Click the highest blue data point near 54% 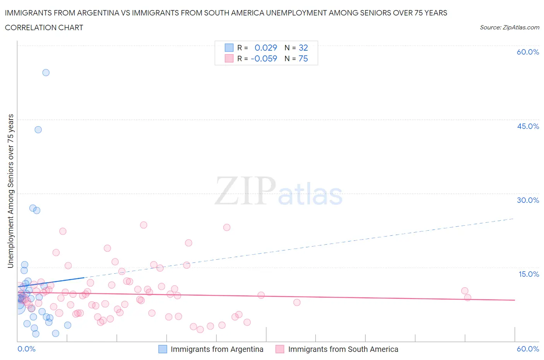[x=46, y=72]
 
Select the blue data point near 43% [x=38, y=130]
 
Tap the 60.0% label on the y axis [x=528, y=52]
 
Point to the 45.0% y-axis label [x=528, y=126]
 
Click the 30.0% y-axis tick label [x=528, y=200]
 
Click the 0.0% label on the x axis [x=26, y=349]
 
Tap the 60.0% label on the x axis [x=528, y=349]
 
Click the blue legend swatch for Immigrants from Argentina [x=163, y=349]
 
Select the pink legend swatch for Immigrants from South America [x=280, y=349]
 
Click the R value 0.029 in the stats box [x=265, y=48]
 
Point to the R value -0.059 [x=264, y=58]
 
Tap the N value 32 [x=303, y=48]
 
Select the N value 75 [x=303, y=58]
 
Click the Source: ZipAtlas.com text [x=509, y=27]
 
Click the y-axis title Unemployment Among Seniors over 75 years [x=11, y=191]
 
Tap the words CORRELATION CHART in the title [x=44, y=27]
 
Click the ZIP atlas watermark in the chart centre [x=279, y=191]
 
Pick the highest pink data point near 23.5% [x=144, y=225]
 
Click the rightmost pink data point [x=467, y=297]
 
